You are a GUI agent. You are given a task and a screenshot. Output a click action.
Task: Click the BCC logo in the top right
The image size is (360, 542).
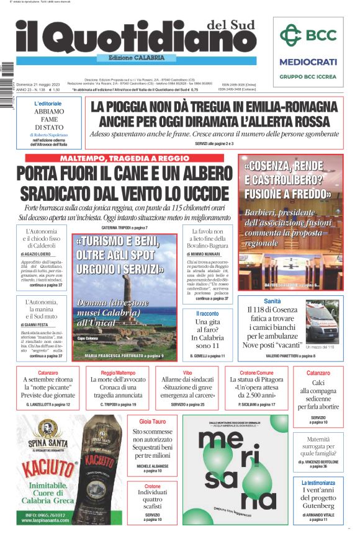coord(307,36)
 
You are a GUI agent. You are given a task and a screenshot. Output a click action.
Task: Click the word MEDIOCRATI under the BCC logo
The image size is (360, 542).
coord(308,62)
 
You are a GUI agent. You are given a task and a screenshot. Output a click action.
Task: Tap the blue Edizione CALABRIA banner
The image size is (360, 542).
coord(132,58)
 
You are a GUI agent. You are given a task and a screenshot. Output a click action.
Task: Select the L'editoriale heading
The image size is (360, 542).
coord(48,104)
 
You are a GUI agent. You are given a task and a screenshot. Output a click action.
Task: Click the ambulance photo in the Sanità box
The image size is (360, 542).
coord(324,321)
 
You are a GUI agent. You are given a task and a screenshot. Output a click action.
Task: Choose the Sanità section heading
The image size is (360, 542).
coord(272,301)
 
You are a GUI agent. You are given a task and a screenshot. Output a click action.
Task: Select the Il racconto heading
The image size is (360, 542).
coord(207,314)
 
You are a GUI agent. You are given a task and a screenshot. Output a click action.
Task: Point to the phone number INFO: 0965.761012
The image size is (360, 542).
coord(46,515)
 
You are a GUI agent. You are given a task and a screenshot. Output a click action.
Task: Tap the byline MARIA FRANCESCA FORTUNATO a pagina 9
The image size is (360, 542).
coord(124,356)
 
